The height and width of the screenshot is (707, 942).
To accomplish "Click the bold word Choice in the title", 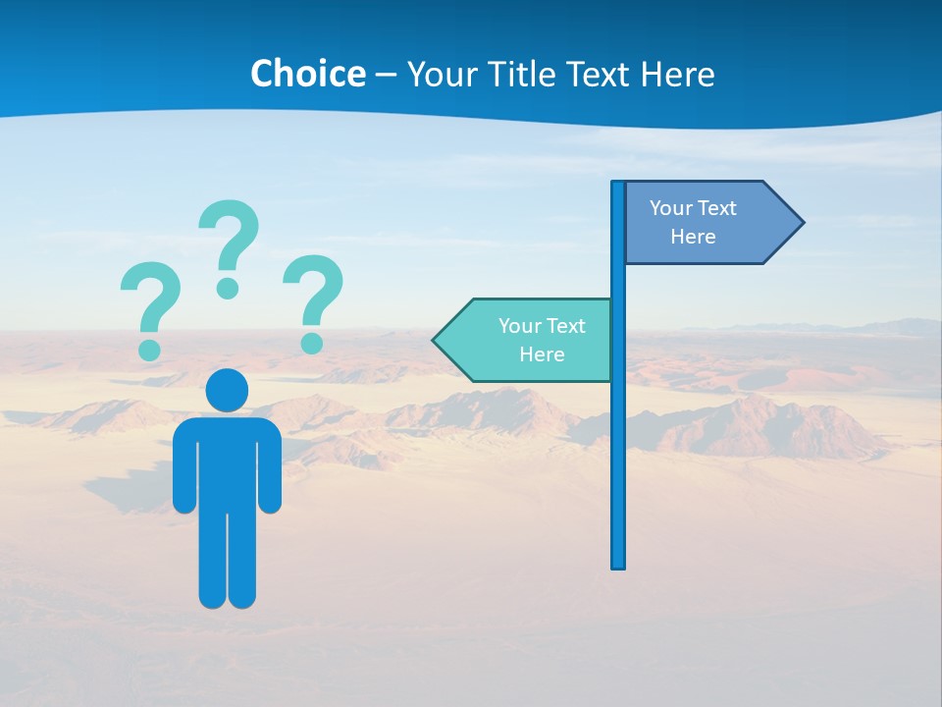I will click(x=307, y=74).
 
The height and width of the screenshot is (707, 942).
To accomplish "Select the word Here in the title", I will click(x=678, y=74).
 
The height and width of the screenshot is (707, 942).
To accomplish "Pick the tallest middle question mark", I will click(x=230, y=245).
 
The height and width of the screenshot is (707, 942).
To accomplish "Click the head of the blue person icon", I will click(x=227, y=390).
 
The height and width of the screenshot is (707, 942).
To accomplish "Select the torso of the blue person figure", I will click(x=227, y=462).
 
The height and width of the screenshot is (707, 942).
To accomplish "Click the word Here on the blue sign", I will click(x=693, y=237).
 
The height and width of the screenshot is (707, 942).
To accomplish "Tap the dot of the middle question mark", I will click(x=228, y=288).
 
